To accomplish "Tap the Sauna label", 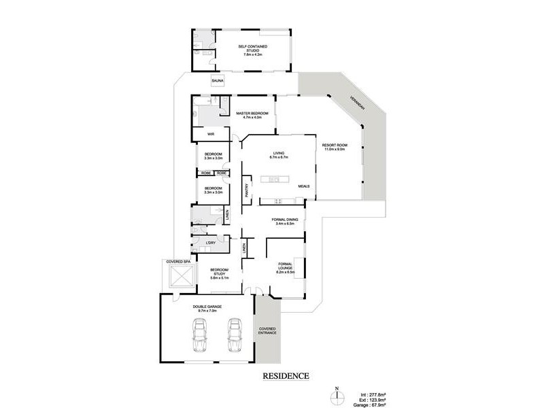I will (199, 81).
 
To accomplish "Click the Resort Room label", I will (334, 147).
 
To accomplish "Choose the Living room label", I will (278, 155).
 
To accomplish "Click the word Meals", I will (303, 186).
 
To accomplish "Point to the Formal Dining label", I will (282, 222).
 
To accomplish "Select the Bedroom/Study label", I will (219, 273).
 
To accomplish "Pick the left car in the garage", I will (201, 336).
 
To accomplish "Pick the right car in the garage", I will (235, 336).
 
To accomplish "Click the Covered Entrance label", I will (267, 333).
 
